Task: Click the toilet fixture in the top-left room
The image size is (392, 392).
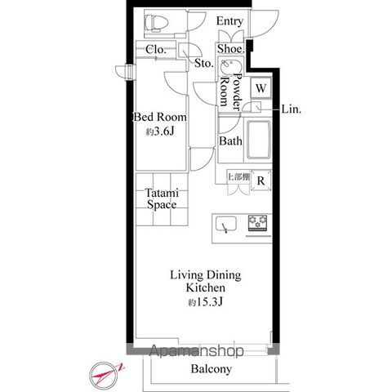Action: coord(157,23)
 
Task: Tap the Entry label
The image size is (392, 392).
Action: coord(229,21)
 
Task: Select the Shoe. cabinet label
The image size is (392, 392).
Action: coord(231,49)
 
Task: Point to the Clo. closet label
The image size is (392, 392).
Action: coord(156,50)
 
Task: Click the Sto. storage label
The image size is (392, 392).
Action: coord(204,64)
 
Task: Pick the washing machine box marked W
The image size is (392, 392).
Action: coord(261,88)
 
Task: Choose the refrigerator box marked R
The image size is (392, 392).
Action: coord(261,180)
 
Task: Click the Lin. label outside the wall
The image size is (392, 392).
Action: coord(292,109)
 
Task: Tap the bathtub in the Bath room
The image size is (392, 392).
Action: coord(259,140)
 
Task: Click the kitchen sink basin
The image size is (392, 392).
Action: coord(226,224)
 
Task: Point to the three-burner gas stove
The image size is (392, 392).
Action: coord(257,223)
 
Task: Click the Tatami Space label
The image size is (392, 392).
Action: coord(162,199)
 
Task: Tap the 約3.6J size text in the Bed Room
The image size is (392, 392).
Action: coord(160,131)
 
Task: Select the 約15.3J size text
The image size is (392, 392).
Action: coord(206,301)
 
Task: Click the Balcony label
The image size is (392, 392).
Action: coord(212,369)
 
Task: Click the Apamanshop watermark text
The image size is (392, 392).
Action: coord(196,350)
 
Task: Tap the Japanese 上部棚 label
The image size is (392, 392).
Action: coord(238,177)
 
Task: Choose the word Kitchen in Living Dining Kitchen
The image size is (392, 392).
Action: coord(206,287)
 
